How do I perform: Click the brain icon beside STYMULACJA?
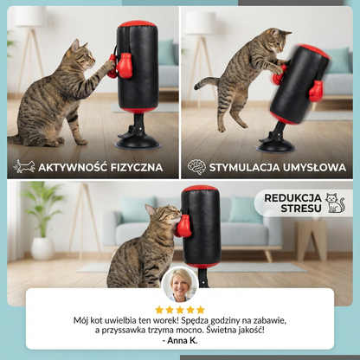click(x=196, y=167)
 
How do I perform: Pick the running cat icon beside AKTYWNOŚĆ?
click(x=24, y=167)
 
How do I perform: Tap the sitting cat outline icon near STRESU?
click(x=336, y=203)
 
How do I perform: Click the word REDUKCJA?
click(x=292, y=198)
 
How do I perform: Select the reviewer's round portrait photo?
click(x=180, y=284)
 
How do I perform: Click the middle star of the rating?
click(x=180, y=310)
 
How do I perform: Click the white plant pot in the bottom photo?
click(x=42, y=249)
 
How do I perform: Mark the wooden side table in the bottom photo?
click(x=312, y=239)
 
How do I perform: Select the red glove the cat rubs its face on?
click(x=183, y=227)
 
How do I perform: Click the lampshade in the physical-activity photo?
click(x=30, y=16)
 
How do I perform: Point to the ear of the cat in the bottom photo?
click(x=150, y=209)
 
